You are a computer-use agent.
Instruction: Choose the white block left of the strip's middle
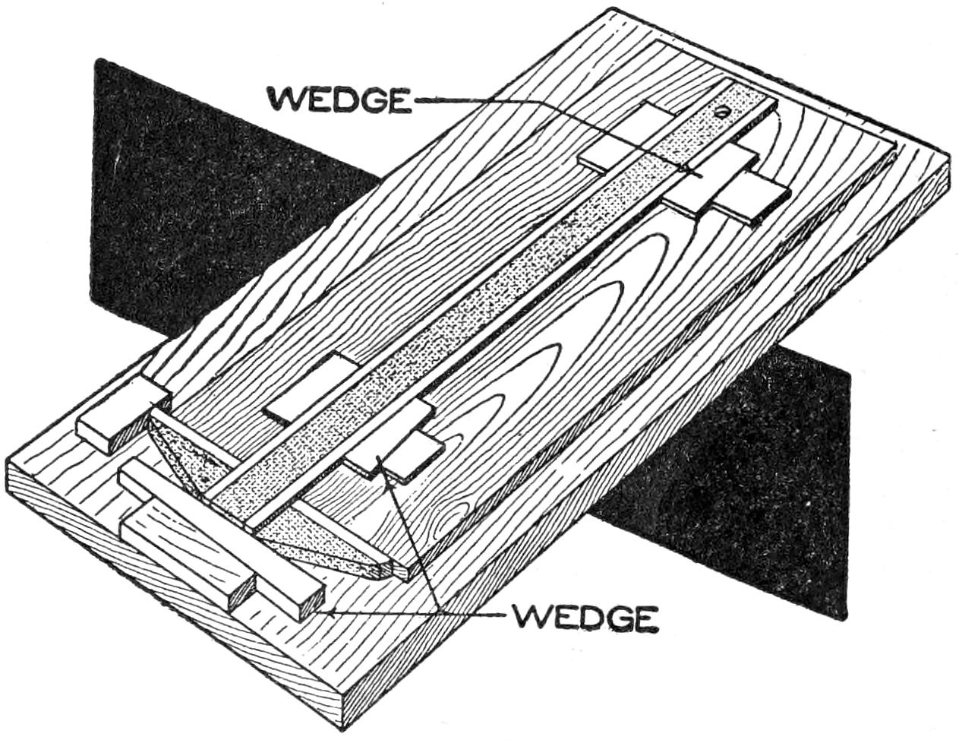311,387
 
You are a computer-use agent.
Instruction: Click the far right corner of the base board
949,160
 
